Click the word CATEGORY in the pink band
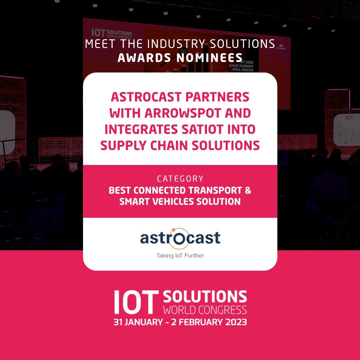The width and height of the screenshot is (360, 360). [x=180, y=179]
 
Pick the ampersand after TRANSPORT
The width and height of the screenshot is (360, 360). [x=247, y=191]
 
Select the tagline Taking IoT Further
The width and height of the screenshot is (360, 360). [x=180, y=256]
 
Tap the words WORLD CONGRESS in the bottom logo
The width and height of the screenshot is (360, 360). [x=205, y=310]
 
